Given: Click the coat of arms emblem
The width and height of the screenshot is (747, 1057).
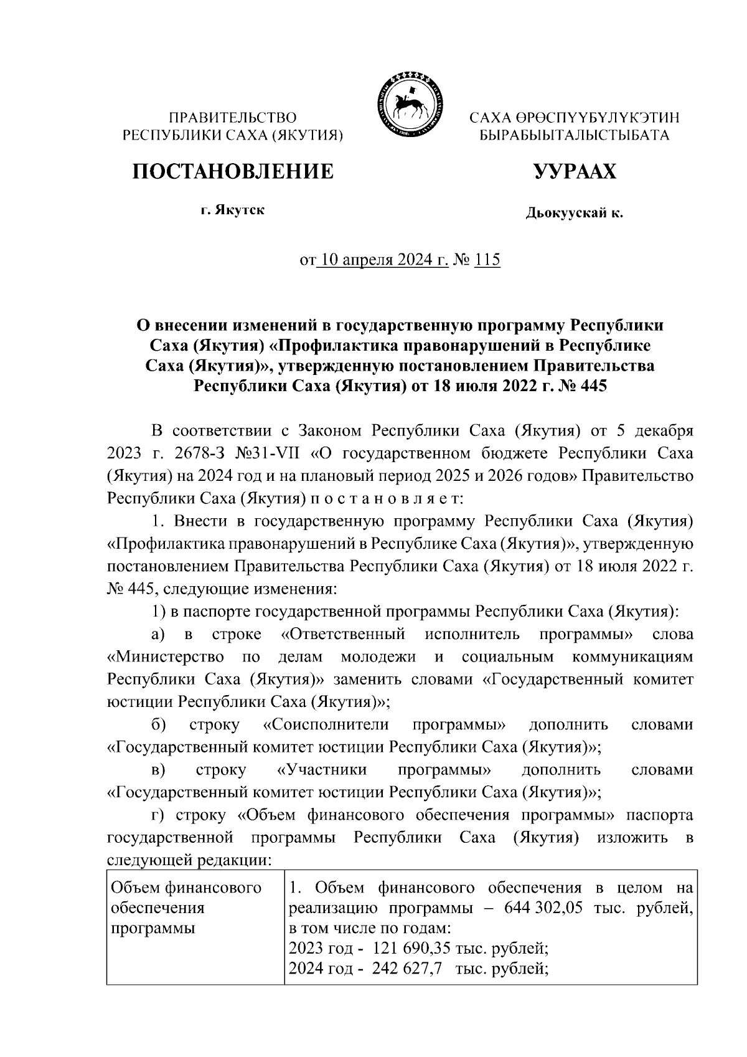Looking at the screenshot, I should [x=407, y=104].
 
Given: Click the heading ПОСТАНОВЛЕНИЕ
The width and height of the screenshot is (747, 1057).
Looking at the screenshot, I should [x=232, y=171].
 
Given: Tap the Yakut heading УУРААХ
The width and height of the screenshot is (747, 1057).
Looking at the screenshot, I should [x=574, y=171].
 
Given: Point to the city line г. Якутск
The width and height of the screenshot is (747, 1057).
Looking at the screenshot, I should [x=232, y=210].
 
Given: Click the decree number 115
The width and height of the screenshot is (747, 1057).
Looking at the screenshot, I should [x=487, y=260].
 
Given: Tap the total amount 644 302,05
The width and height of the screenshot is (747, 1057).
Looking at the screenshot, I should [x=545, y=908].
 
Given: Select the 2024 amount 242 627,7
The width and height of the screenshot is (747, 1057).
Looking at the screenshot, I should [x=408, y=969].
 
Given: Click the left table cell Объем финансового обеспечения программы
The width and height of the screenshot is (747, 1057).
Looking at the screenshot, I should [x=186, y=908].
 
